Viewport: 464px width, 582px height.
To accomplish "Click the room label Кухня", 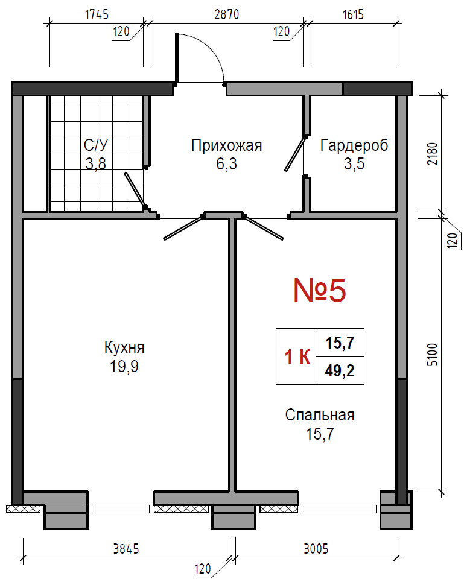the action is (124, 347).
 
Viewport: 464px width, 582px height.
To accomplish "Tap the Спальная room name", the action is (320, 415).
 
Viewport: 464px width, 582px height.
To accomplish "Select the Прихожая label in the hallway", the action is (227, 145).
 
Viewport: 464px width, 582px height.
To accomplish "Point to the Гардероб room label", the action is (354, 145).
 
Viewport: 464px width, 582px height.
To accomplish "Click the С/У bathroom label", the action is (96, 145).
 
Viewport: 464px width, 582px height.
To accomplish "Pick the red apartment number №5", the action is (320, 290).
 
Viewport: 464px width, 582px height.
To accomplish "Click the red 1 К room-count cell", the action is (297, 356).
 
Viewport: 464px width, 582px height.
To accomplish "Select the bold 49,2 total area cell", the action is (340, 370).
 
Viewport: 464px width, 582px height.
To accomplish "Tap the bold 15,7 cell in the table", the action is (340, 343).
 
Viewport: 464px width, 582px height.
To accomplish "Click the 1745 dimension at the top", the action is (97, 14).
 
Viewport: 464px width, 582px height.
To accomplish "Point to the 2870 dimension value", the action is (227, 14).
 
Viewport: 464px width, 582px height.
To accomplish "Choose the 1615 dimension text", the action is (353, 14).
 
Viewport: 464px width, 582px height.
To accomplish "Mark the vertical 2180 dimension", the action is (433, 154).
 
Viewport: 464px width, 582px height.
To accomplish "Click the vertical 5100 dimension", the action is (433, 355).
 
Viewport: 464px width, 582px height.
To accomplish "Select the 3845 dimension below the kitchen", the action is (126, 549).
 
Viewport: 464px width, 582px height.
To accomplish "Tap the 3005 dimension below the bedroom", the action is (316, 549).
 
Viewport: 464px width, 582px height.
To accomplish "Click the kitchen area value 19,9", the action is (124, 367).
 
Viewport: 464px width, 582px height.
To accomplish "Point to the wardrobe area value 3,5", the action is (354, 163).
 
